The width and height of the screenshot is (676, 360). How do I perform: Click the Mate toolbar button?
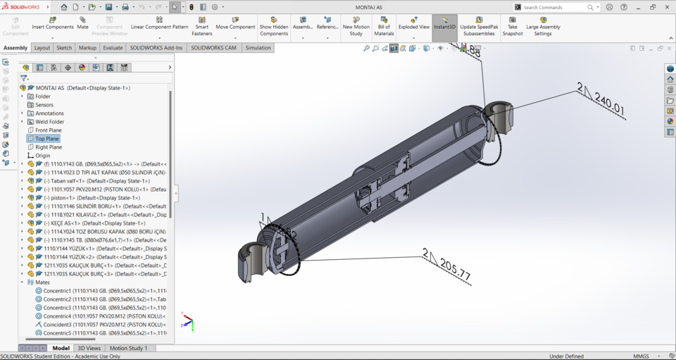tap(82, 23)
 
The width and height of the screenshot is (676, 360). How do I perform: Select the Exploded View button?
tap(413, 23)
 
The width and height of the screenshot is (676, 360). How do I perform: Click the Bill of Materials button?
tap(384, 25)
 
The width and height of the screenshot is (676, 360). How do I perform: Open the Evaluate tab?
tap(113, 48)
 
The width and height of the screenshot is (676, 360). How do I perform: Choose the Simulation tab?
tap(258, 48)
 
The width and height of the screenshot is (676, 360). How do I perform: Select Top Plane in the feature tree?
tap(48, 139)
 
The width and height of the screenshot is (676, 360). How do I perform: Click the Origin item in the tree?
tap(42, 156)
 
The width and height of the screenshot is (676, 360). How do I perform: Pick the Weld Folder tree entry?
tap(49, 122)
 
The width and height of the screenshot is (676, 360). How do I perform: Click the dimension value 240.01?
tap(609, 107)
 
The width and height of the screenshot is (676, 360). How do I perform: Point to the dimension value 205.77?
tap(454, 269)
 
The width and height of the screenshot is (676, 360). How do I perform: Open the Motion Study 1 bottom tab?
tap(128, 348)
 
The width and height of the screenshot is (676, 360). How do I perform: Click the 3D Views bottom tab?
tap(89, 348)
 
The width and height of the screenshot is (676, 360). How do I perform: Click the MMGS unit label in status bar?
tap(641, 356)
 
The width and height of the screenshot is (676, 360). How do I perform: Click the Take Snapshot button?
tap(513, 26)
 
